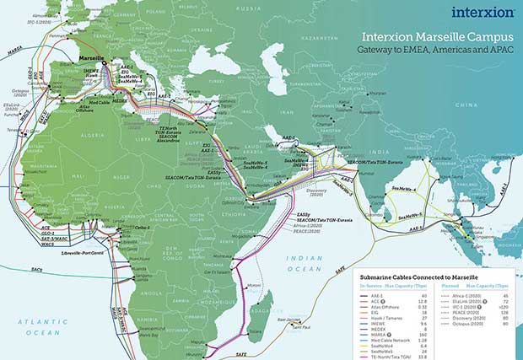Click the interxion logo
(483, 12)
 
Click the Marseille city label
(87, 60)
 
